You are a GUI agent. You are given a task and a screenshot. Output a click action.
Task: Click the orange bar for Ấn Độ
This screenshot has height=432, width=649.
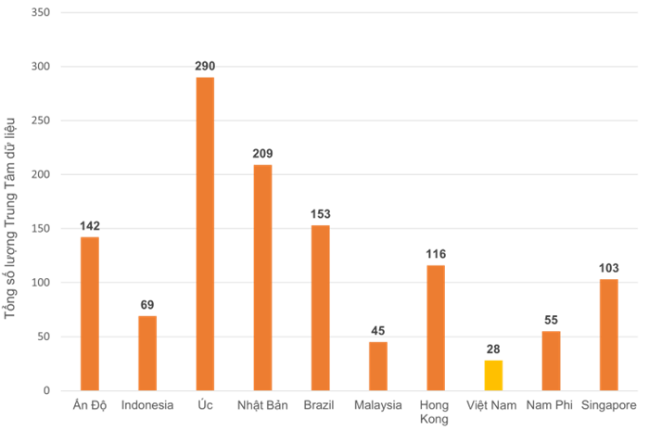pos(89,313)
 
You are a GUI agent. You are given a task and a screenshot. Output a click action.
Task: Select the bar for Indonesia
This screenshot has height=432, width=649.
pos(147,352)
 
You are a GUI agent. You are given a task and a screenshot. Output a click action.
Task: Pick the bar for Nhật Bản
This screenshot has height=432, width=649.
pos(262,277)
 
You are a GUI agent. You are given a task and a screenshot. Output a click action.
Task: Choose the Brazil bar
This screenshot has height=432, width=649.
pos(320,307)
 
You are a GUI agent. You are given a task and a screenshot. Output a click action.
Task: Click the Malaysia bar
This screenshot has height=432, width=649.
pos(377,365)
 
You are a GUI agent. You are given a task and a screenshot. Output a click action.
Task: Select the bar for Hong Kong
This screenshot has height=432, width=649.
pos(435,327)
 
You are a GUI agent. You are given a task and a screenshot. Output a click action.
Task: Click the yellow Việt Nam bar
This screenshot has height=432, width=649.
pos(493,375)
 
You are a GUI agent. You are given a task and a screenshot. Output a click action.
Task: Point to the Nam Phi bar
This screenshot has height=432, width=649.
pos(551,361)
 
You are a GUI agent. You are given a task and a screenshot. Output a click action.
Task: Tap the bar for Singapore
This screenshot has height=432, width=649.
pos(608,335)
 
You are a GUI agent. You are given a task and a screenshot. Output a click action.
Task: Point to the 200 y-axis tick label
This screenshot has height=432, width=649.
pos(42,174)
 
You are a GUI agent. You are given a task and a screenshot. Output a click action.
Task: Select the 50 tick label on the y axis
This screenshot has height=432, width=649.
pos(45,337)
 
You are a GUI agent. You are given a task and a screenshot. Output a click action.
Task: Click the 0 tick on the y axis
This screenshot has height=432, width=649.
pos(47,390)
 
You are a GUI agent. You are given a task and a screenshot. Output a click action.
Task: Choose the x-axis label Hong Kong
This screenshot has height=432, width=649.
pos(435,412)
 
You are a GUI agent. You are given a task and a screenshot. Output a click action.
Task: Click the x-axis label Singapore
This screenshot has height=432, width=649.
pos(608,405)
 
